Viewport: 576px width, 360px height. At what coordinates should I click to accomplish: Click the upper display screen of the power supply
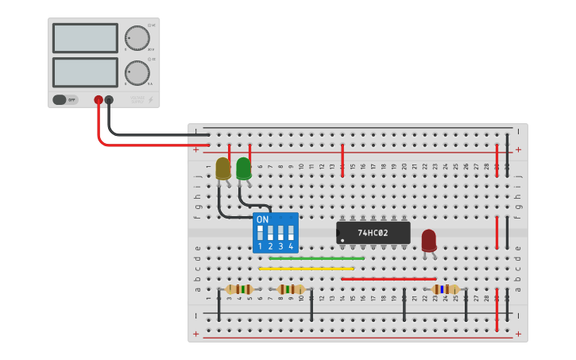click(x=85, y=37)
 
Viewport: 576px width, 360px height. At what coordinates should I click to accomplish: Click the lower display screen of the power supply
click(x=85, y=72)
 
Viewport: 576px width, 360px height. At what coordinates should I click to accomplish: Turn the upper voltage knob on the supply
click(x=137, y=37)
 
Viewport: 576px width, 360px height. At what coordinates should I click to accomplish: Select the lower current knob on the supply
click(x=137, y=72)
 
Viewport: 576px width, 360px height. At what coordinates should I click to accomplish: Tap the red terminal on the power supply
click(x=99, y=100)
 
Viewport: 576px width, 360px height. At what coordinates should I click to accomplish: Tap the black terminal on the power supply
click(x=109, y=100)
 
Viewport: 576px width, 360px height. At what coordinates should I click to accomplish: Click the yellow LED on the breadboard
click(x=223, y=168)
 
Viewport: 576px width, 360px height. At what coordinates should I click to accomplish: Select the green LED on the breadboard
click(x=244, y=168)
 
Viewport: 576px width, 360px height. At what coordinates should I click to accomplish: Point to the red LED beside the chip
click(x=429, y=240)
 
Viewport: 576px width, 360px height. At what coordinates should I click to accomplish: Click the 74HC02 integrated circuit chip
click(x=373, y=233)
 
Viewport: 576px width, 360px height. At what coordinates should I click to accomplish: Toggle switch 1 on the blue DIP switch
click(x=260, y=233)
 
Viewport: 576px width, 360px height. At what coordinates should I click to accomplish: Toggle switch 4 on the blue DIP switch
click(x=291, y=233)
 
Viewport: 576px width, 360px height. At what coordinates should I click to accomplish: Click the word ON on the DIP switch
click(x=262, y=219)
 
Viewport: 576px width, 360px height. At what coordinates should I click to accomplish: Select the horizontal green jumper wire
click(x=316, y=258)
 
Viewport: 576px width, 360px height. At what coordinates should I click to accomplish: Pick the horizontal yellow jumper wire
click(x=306, y=269)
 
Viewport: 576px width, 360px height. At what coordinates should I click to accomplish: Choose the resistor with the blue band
click(x=445, y=289)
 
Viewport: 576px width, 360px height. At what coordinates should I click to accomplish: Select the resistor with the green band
click(x=239, y=289)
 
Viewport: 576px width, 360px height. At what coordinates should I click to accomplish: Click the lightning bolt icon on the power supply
click(x=151, y=99)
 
